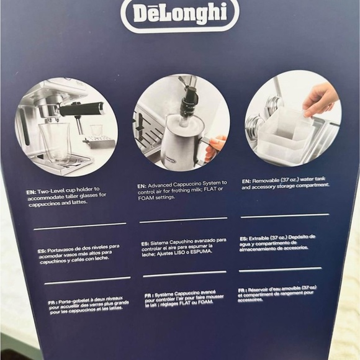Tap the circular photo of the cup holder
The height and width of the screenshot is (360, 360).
pyautogui.click(x=66, y=127)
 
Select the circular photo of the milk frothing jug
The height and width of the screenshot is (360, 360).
pyautogui.click(x=181, y=122)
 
